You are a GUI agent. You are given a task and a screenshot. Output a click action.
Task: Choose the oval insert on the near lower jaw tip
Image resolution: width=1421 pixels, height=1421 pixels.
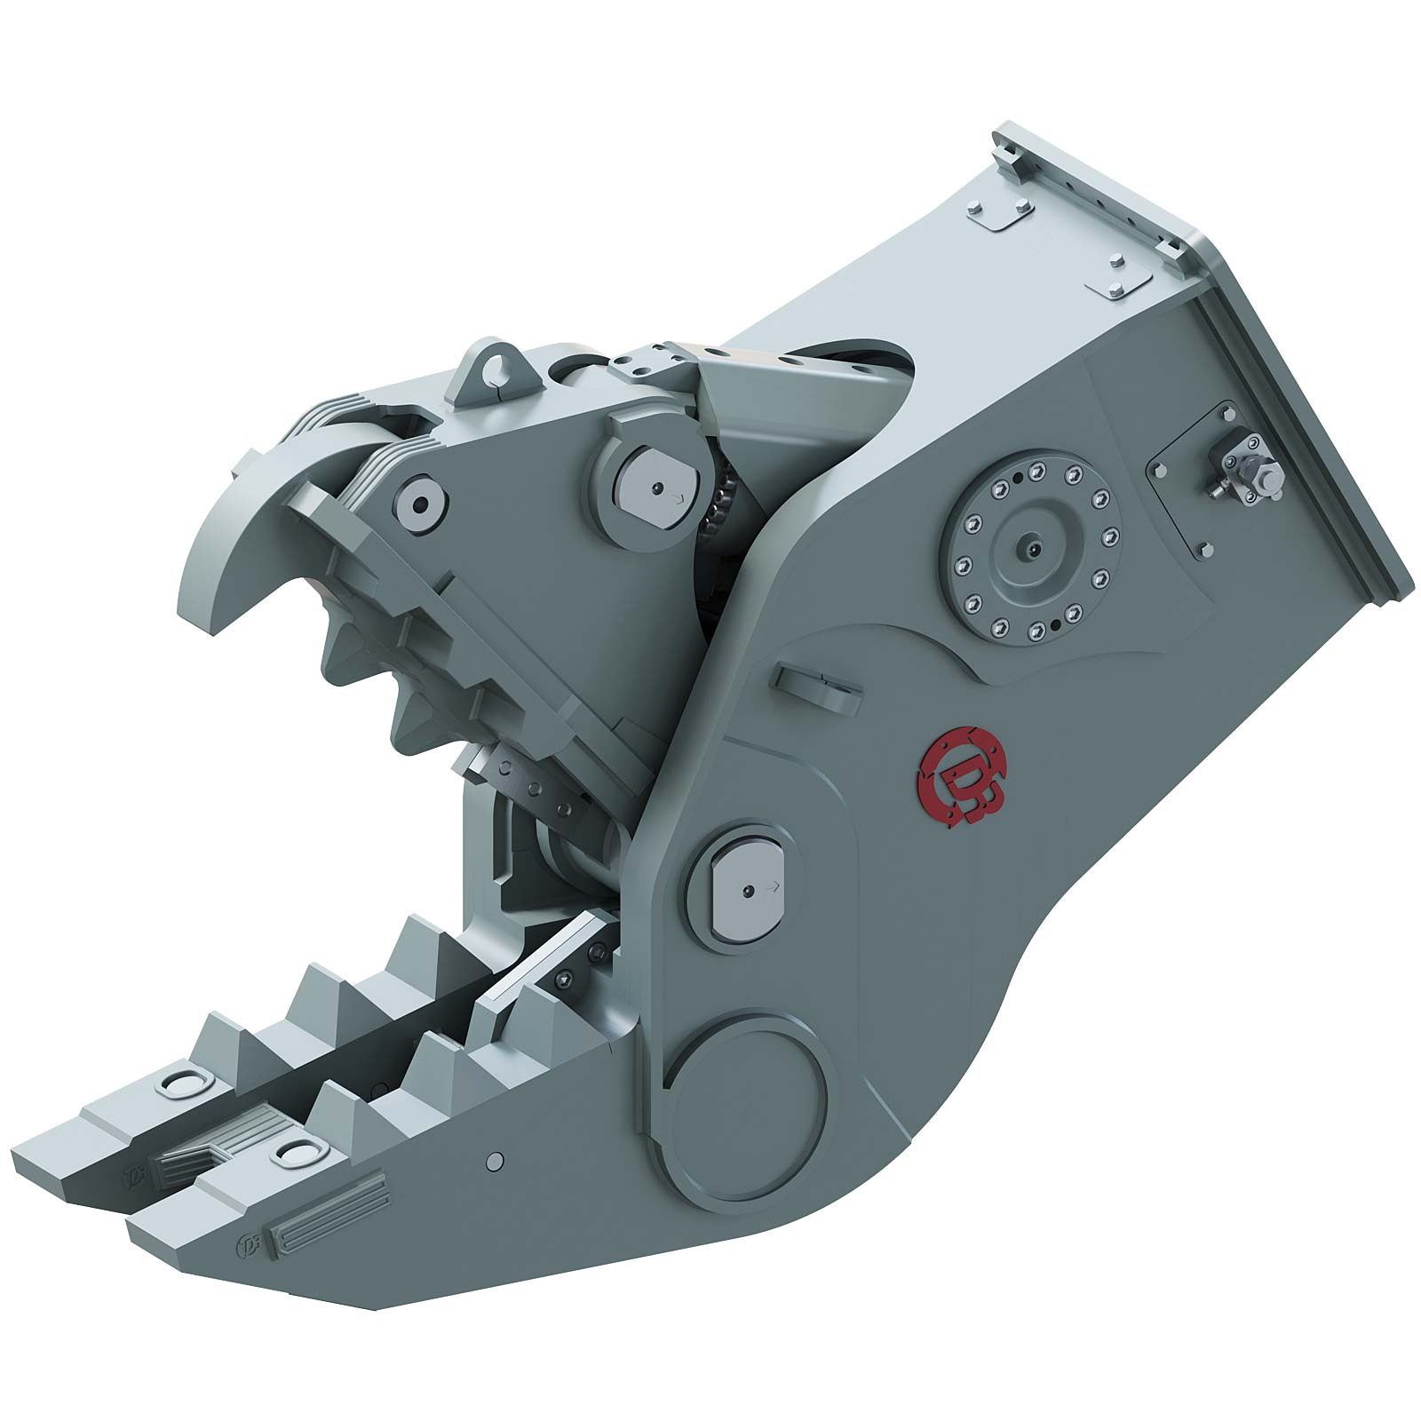[295, 1152]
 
